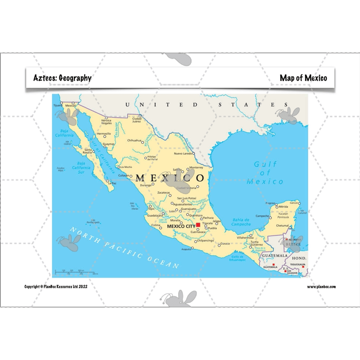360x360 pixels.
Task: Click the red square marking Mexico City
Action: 198,225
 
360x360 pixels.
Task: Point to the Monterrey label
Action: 196,167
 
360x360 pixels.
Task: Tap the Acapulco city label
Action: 186,248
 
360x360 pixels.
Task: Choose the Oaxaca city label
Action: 225,243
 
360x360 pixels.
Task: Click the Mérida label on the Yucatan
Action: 283,207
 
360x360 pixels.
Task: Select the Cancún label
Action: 294,203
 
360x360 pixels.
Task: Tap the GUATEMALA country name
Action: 274,256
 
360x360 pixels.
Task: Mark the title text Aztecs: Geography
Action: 62,78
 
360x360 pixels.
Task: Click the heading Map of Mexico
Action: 303,78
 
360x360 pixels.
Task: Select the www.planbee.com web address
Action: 321,287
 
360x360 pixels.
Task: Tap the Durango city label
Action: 145,185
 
